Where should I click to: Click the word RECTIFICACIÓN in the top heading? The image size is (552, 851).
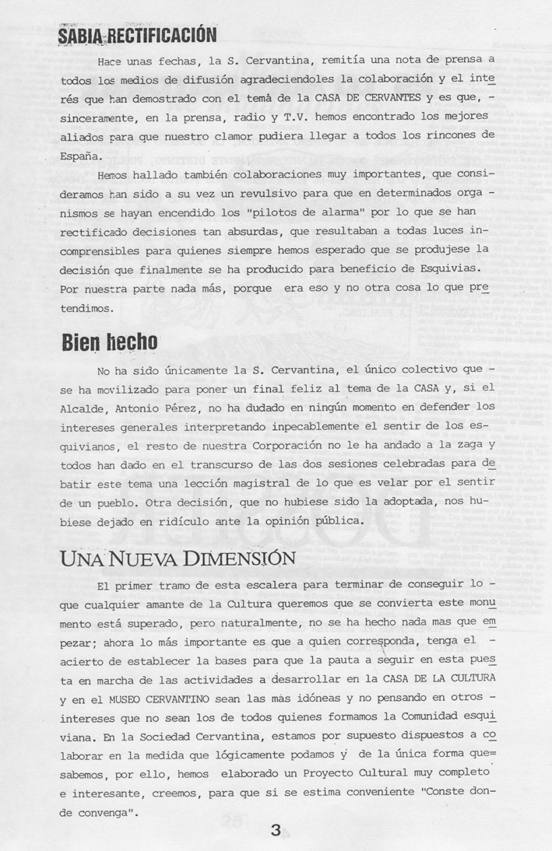click(x=160, y=35)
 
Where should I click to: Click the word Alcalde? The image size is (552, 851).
click(x=83, y=408)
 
